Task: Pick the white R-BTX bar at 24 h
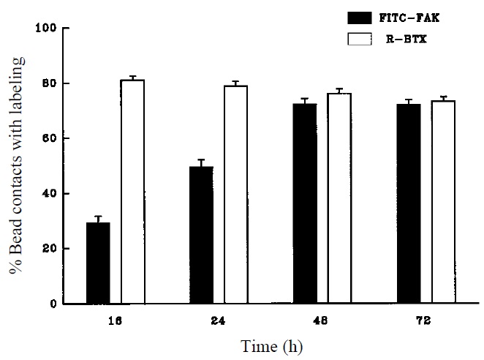[235, 195]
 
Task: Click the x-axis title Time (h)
[272, 345]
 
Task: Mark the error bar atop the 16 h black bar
[98, 218]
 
